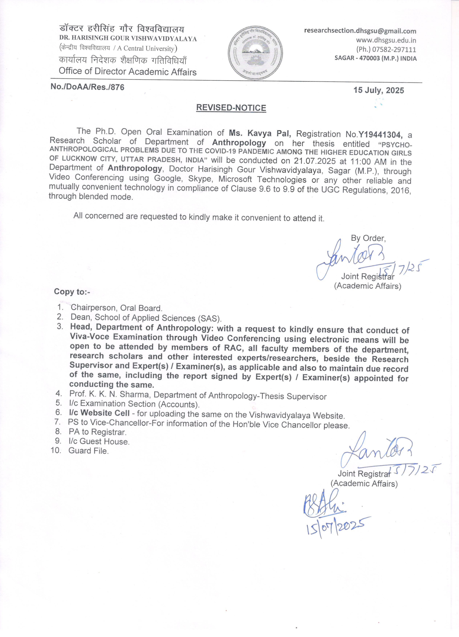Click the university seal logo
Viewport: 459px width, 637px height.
pyautogui.click(x=255, y=53)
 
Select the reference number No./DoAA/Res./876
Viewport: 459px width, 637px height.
pyautogui.click(x=87, y=87)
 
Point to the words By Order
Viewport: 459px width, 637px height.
pyautogui.click(x=368, y=238)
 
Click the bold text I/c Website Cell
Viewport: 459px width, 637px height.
pyautogui.click(x=99, y=413)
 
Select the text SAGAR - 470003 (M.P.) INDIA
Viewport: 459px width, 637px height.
pyautogui.click(x=375, y=58)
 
